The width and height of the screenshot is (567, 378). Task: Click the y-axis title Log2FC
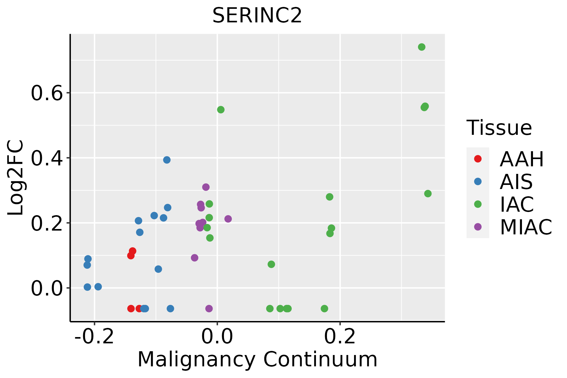point(16,178)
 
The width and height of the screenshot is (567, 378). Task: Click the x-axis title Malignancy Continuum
point(257,359)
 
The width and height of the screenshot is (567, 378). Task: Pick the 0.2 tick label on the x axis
point(340,337)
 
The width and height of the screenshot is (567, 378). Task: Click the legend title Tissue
point(499,128)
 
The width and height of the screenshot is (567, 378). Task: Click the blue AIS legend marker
point(478,181)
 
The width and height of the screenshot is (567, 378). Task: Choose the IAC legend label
point(517,204)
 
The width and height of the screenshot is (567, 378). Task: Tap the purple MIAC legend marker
point(478,227)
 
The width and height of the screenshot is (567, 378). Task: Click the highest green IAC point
point(421,47)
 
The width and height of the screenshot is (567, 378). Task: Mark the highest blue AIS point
point(167,160)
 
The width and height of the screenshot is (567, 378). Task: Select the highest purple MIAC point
point(206,187)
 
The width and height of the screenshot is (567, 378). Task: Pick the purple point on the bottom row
point(209,308)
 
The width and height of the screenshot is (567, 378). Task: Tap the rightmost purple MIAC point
point(228,219)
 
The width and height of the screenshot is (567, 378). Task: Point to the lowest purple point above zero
point(195,258)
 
